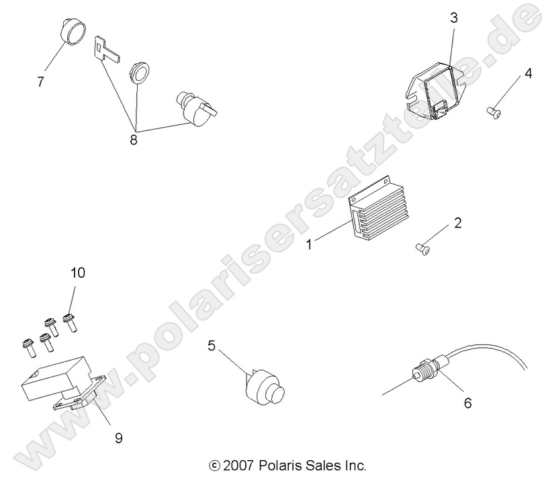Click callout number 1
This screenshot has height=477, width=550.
(x=310, y=245)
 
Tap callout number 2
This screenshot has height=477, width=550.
(x=458, y=223)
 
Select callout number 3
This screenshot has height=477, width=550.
(x=454, y=18)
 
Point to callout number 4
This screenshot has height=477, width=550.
(x=528, y=73)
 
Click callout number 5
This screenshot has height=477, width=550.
(x=212, y=346)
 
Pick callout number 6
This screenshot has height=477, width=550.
(x=468, y=403)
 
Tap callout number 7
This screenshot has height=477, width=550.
(x=41, y=82)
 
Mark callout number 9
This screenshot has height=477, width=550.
(x=118, y=437)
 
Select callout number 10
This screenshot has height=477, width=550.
(x=78, y=272)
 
